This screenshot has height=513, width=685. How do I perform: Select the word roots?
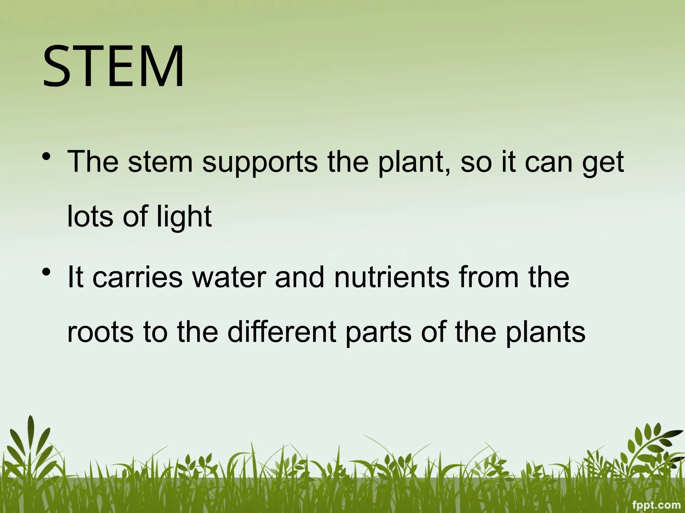coord(100,333)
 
